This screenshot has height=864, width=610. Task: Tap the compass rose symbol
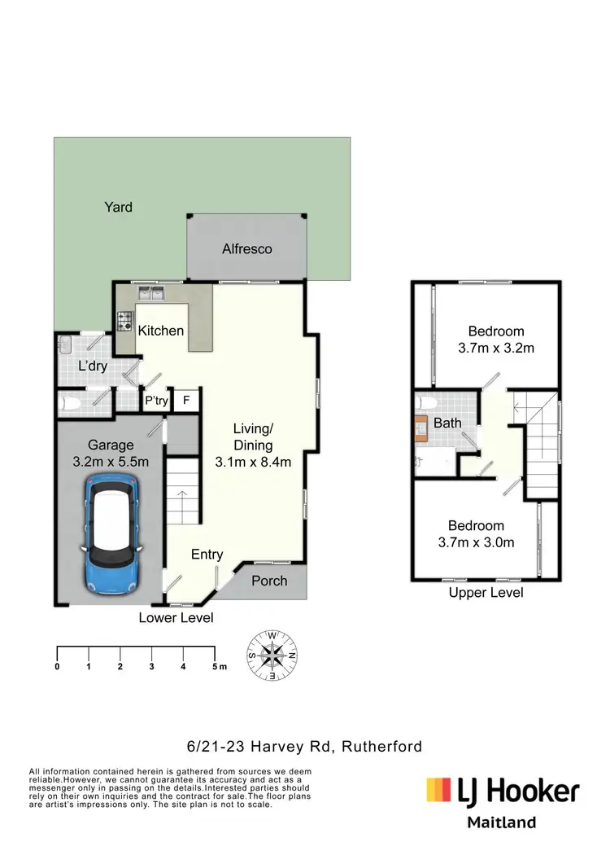[x=272, y=655]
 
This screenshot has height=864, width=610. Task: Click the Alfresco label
[x=247, y=249]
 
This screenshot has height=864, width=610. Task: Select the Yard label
[x=118, y=207]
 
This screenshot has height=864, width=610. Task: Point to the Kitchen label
[x=160, y=331]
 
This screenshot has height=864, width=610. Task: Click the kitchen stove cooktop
[x=125, y=322]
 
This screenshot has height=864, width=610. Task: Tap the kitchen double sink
[x=151, y=292]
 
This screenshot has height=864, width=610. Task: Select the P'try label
[x=156, y=401]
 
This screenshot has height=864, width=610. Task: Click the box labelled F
[x=186, y=401]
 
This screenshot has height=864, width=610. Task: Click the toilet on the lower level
[x=70, y=402]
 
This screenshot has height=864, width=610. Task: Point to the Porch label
[x=268, y=581]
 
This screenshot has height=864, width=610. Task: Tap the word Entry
[x=207, y=555]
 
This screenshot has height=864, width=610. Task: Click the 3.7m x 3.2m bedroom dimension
[x=495, y=349]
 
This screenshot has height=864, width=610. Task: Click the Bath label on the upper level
[x=447, y=423]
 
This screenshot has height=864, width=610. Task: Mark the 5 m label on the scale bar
[x=218, y=667]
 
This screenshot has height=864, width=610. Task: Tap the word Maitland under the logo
[x=501, y=822]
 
